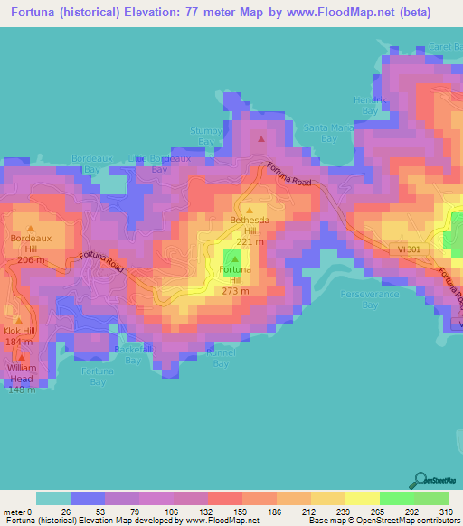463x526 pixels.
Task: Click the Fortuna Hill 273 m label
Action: [234, 280]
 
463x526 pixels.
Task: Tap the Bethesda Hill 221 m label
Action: [250, 230]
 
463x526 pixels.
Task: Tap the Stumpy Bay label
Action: [205, 136]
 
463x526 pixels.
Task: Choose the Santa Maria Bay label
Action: [328, 133]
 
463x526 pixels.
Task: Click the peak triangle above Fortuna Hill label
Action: [234, 259]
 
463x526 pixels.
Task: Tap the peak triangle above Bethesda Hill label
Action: [250, 210]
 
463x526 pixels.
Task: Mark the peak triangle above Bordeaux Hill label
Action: [32, 228]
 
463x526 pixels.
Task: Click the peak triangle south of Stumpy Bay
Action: [261, 139]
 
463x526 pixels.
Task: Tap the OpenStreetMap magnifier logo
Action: [420, 479]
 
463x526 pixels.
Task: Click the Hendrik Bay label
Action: [368, 104]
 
